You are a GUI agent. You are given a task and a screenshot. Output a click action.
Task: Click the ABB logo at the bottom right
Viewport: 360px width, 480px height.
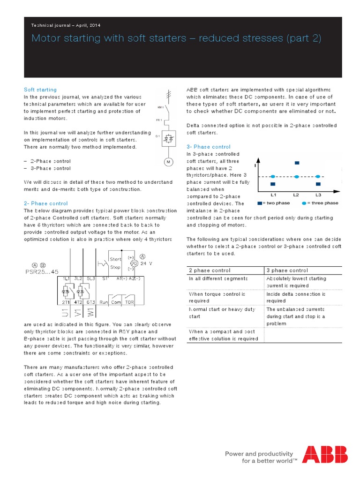[x=324, y=454]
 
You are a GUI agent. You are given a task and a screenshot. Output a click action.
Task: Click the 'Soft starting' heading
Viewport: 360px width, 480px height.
[x=40, y=90]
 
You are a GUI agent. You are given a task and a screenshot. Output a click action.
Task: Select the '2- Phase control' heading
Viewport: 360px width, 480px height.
[x=45, y=203]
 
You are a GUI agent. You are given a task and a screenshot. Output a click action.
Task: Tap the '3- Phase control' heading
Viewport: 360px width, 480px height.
[x=208, y=147]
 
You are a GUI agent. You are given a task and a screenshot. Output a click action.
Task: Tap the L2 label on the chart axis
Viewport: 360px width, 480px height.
[x=296, y=195]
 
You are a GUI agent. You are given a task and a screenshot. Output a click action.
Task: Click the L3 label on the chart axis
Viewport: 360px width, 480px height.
[x=318, y=195]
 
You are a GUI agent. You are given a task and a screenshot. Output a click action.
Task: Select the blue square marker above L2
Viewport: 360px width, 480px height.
[x=297, y=163]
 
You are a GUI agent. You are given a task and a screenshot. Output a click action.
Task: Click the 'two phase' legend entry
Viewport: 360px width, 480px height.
[x=274, y=203]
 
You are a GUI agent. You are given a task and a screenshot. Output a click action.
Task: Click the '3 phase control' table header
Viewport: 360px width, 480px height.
[x=287, y=270]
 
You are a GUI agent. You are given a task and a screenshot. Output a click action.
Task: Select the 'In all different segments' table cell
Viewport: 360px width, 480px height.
[x=218, y=278]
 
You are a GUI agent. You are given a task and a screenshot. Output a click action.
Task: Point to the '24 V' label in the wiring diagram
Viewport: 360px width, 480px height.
[x=147, y=263]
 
